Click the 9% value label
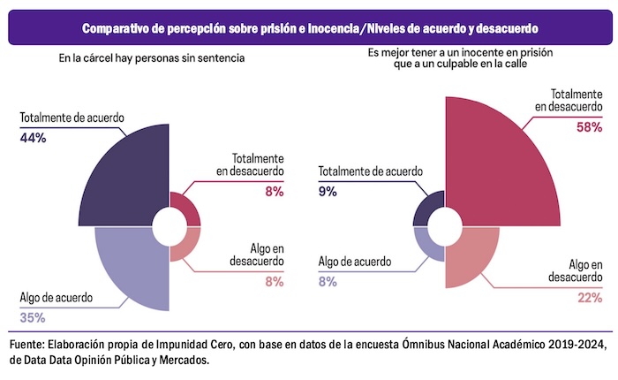click(327, 192)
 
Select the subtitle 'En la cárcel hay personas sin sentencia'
click(151, 58)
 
